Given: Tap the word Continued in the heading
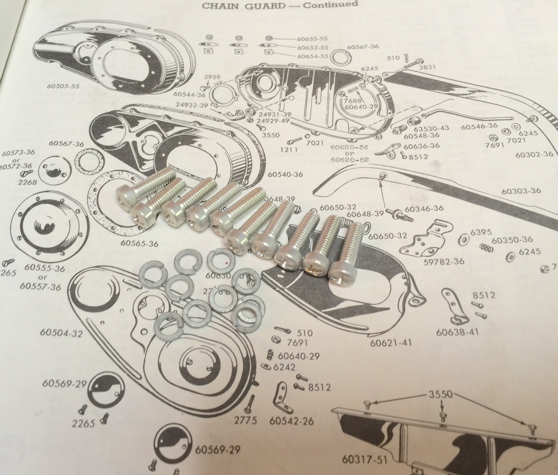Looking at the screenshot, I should point(331,4).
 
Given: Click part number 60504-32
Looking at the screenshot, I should point(61,333).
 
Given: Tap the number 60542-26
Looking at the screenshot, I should point(292,421).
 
